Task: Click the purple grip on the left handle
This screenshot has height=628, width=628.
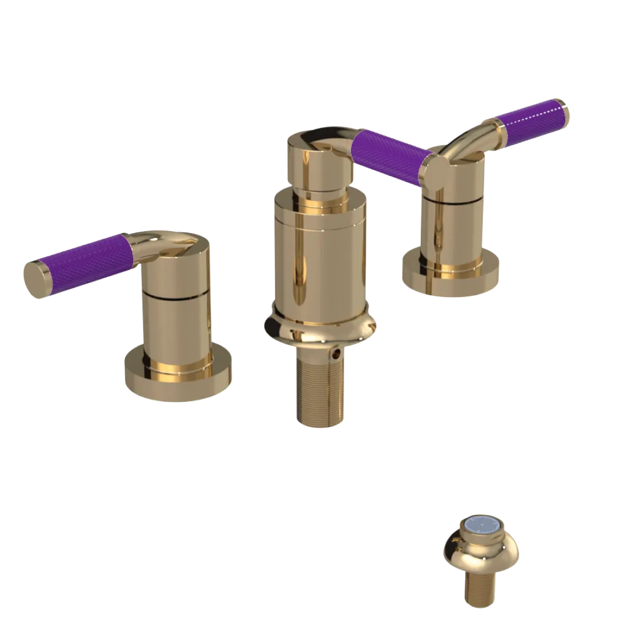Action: point(85,261)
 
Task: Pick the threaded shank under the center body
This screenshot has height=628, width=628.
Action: point(320,389)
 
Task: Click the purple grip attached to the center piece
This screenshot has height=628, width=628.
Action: point(389,156)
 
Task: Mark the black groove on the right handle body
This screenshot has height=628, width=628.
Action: point(452,201)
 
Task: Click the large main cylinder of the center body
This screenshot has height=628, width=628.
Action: point(317,257)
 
